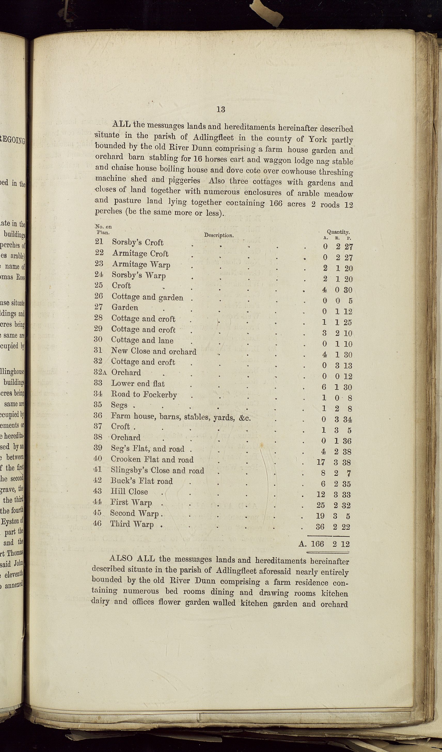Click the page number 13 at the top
click(221, 109)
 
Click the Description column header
click(219, 235)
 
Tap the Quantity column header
click(338, 232)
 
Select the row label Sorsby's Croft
click(138, 242)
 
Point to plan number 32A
click(100, 372)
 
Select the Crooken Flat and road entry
click(152, 460)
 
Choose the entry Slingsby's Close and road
click(157, 471)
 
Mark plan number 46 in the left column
click(97, 523)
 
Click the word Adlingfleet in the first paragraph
click(213, 138)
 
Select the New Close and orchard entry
click(154, 351)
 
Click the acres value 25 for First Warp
click(320, 506)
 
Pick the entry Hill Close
click(129, 491)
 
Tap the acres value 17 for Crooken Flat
click(320, 463)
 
